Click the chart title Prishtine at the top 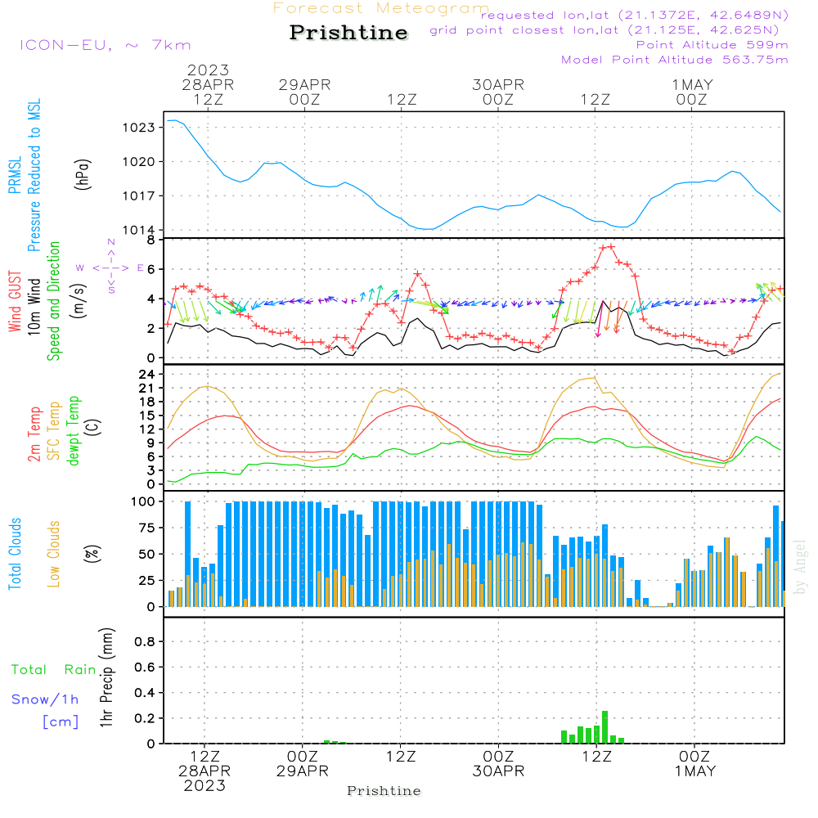(348, 33)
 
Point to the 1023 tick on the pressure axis (139, 128)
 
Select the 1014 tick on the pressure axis (139, 230)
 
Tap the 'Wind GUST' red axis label (15, 301)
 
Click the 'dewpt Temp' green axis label (73, 430)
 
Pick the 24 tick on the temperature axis (146, 374)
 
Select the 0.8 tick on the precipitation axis (145, 641)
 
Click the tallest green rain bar (605, 726)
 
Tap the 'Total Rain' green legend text (54, 670)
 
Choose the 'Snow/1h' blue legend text (45, 699)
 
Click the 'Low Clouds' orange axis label (54, 554)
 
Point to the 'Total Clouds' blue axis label (15, 554)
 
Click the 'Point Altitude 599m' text (712, 45)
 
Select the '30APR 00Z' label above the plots (498, 92)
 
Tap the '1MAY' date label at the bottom (694, 771)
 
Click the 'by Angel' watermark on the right (800, 567)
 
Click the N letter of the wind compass (111, 243)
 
